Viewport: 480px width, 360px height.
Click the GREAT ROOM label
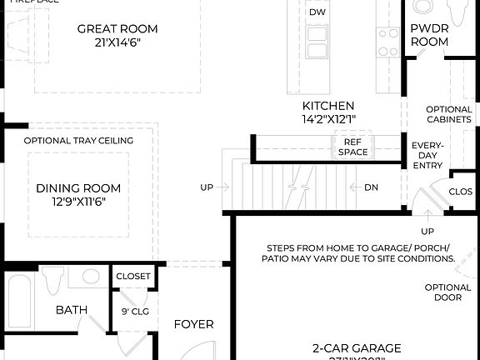pyautogui.click(x=117, y=28)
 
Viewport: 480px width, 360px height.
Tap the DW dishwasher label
pyautogui.click(x=317, y=12)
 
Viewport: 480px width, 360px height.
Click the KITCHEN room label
pyautogui.click(x=328, y=106)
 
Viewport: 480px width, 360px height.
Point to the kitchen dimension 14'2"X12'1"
pyautogui.click(x=328, y=119)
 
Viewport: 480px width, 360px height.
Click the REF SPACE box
pyautogui.click(x=352, y=147)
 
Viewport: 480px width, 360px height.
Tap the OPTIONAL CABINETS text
pyautogui.click(x=449, y=114)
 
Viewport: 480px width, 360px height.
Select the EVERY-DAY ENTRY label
pyautogui.click(x=428, y=156)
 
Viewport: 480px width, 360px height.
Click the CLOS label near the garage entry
pyautogui.click(x=461, y=191)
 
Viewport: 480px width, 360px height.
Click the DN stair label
pyautogui.click(x=371, y=187)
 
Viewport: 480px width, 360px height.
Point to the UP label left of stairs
pyautogui.click(x=207, y=187)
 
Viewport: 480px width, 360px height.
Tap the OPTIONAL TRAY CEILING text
pyautogui.click(x=78, y=141)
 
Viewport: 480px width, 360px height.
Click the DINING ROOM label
pyautogui.click(x=78, y=187)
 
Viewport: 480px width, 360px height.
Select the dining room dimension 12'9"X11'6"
pyautogui.click(x=78, y=201)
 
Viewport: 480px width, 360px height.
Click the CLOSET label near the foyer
pyautogui.click(x=133, y=277)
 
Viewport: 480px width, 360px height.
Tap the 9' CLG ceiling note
pyautogui.click(x=135, y=312)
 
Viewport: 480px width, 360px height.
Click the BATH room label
pyautogui.click(x=72, y=310)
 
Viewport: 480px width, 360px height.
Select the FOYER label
pyautogui.click(x=193, y=324)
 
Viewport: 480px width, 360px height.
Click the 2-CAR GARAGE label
pyautogui.click(x=357, y=347)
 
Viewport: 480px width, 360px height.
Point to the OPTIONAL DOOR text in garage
pyautogui.click(x=448, y=292)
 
